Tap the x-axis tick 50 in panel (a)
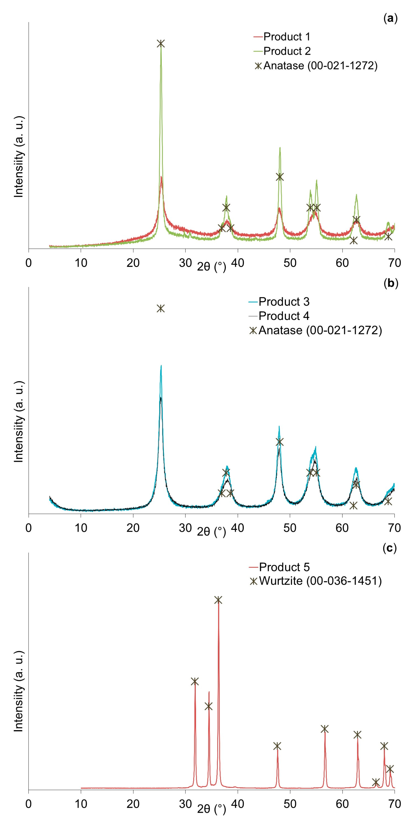[290, 263]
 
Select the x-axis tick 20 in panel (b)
[133, 528]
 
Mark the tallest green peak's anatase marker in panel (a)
[161, 44]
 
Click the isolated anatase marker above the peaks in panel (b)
[161, 308]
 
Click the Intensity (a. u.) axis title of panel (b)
[19, 422]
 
